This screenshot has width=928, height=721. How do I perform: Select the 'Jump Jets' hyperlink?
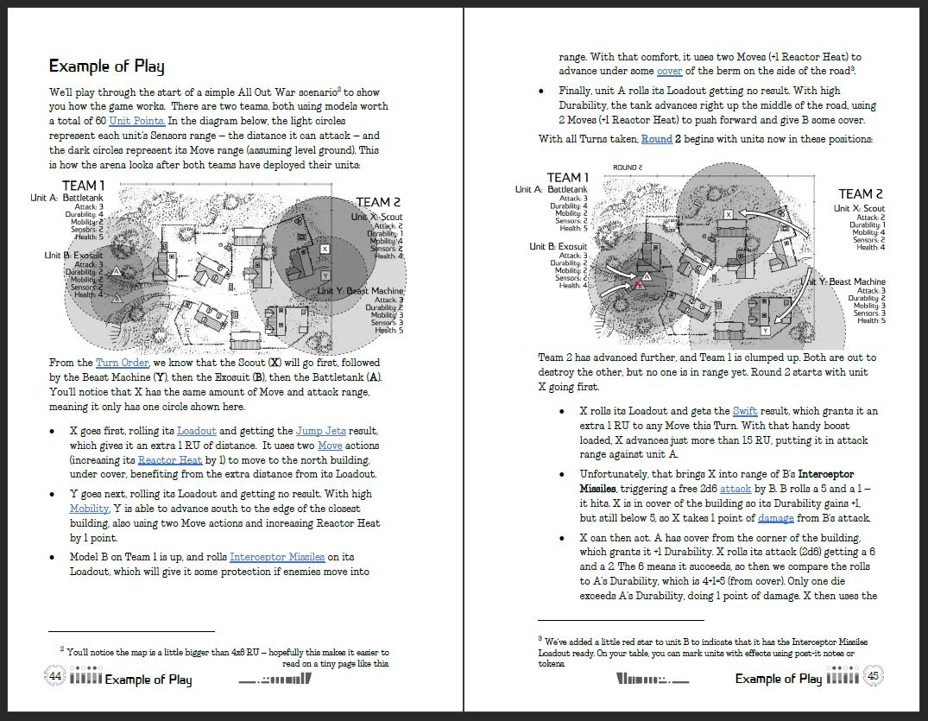[325, 431]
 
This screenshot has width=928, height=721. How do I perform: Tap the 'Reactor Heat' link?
[170, 460]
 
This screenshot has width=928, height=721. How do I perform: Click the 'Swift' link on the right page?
[745, 411]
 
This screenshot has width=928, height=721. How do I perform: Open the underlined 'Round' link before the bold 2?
[655, 139]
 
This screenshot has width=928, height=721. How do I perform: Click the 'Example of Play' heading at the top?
[106, 66]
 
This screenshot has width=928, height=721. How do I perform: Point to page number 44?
[55, 676]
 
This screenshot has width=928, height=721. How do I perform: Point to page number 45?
[872, 676]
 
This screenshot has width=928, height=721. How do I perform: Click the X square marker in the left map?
[325, 249]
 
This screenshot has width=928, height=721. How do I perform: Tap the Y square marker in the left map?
[325, 275]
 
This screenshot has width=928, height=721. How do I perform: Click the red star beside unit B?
[638, 283]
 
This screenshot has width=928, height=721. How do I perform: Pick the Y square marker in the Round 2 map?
[765, 331]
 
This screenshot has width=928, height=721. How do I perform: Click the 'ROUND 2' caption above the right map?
[628, 168]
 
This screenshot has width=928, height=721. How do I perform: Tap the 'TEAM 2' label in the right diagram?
[861, 194]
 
